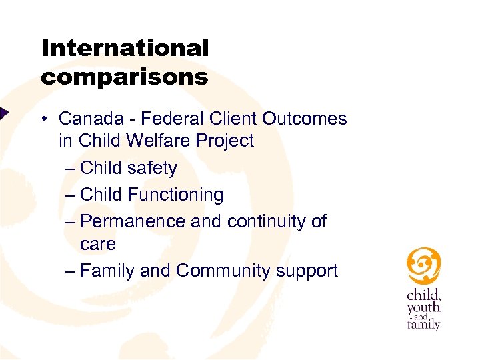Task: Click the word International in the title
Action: point(125,48)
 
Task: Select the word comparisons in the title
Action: point(125,77)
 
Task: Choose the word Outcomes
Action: point(304,119)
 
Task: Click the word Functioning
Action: point(175,195)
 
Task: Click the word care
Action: point(97,244)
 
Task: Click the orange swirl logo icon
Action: point(423,265)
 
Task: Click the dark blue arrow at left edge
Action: point(3,113)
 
